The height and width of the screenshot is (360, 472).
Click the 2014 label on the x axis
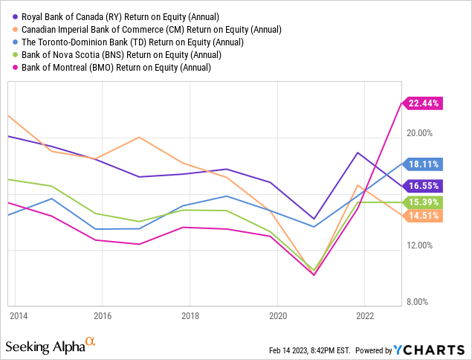[x=19, y=315]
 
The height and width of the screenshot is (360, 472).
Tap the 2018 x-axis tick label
[x=190, y=315]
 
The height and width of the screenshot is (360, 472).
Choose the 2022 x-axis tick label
[x=365, y=315]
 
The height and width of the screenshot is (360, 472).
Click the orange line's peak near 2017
[x=139, y=137]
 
